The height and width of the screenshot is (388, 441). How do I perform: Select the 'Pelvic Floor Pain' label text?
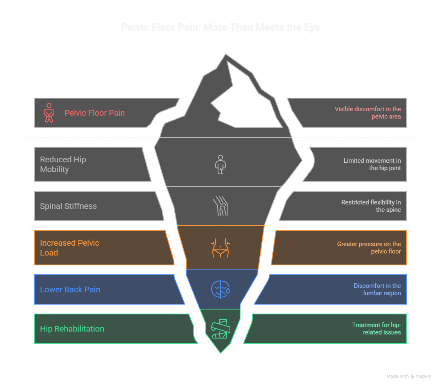[94, 113]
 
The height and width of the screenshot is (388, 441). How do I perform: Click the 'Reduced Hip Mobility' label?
[63, 164]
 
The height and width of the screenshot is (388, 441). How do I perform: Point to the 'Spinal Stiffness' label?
[68, 206]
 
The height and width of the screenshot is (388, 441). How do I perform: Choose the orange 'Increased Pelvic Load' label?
[69, 248]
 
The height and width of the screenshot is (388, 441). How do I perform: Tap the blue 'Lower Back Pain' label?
[70, 289]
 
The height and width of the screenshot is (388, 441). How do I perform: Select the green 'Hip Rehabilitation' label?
[72, 329]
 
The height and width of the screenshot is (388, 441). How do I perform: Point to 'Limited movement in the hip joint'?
[372, 164]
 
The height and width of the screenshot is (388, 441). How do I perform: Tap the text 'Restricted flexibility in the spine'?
[371, 206]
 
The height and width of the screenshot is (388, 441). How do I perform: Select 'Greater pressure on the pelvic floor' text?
[369, 248]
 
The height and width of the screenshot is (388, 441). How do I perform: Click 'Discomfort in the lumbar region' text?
[377, 289]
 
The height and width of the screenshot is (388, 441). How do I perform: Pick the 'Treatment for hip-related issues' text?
[376, 329]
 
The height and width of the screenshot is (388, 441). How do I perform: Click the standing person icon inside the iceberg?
[220, 164]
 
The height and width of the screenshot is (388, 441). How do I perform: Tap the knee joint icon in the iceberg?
[220, 206]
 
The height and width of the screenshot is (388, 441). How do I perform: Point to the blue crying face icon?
[220, 289]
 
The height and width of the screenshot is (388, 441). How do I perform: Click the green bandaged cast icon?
[220, 328]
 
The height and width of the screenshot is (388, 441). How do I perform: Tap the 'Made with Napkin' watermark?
[409, 376]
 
